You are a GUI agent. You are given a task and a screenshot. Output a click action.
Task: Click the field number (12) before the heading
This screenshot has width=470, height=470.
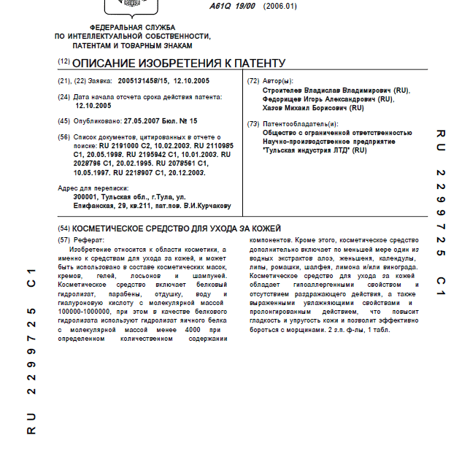(63, 63)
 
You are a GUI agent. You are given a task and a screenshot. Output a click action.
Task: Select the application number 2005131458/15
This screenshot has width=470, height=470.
(145, 81)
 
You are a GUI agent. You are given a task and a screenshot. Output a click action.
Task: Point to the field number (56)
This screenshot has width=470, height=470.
(64, 137)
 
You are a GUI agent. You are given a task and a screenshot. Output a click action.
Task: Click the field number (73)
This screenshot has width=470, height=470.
(253, 124)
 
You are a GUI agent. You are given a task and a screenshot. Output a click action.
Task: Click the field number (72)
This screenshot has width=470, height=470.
(253, 81)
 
